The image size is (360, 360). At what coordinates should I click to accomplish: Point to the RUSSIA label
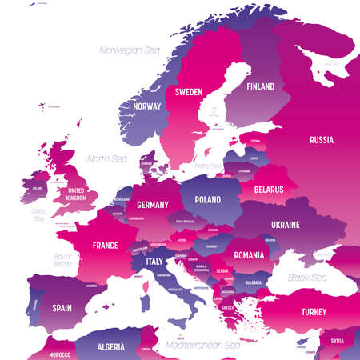[321, 140]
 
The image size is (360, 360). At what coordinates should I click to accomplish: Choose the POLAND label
[208, 199]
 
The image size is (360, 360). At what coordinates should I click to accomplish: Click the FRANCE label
[105, 245]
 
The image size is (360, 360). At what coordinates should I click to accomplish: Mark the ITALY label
[153, 262]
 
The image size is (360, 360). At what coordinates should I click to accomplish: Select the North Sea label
[105, 158]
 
